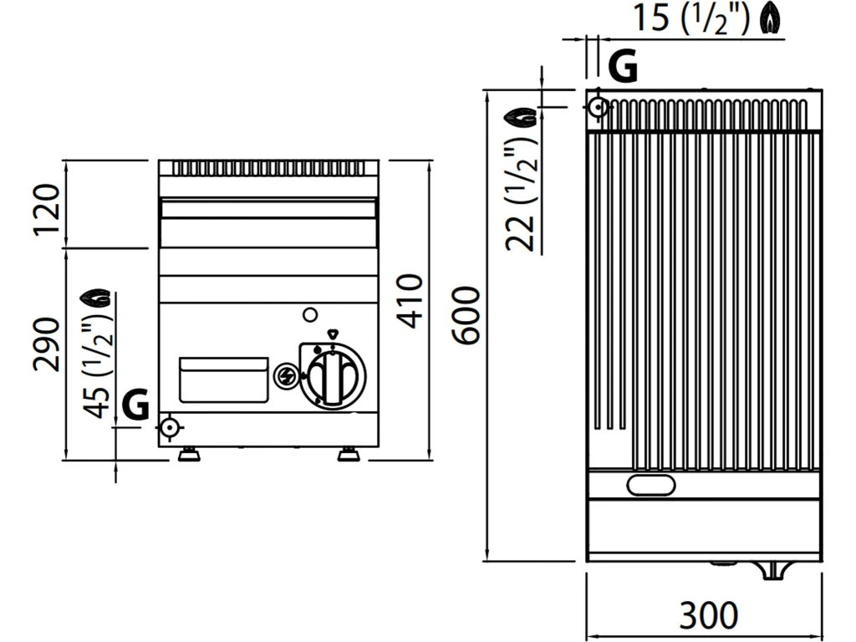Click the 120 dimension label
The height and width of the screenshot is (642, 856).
pos(47,210)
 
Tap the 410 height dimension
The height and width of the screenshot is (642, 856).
pos(409,301)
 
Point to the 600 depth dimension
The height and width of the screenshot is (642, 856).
pos(466,315)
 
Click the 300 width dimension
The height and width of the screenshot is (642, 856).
pos(709,614)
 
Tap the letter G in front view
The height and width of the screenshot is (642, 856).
pos(135,404)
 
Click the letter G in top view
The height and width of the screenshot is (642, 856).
pos(622,66)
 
